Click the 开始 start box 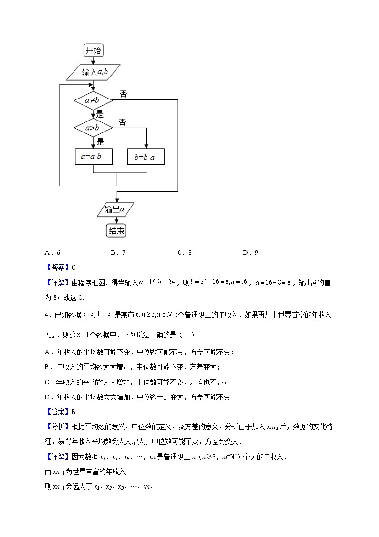point(93,51)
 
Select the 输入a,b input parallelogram point(93,72)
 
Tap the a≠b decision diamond point(93,100)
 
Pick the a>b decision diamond point(93,128)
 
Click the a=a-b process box point(94,156)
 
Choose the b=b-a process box point(146,156)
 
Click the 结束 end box point(117,231)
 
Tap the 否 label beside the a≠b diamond point(123,94)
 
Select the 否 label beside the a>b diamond point(122,122)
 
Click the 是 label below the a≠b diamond point(100,114)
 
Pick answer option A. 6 point(52,253)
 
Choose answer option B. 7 point(118,253)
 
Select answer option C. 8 point(184,253)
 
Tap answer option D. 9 point(251,253)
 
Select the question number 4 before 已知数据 point(46,315)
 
